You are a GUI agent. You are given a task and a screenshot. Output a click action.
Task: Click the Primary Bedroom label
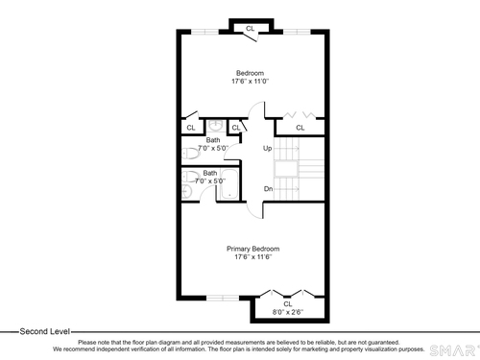click(x=252, y=249)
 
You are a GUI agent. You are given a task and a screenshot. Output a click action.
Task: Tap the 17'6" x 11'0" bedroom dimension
click(x=250, y=82)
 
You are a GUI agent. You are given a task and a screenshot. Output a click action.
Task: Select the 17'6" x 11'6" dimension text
click(x=252, y=256)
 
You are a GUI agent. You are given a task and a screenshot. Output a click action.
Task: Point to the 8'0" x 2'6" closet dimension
click(x=288, y=312)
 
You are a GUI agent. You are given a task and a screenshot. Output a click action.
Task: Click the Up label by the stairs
click(x=267, y=148)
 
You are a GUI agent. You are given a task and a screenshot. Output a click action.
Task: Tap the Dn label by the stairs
click(x=268, y=189)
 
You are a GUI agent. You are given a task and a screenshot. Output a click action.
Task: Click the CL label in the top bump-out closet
click(x=250, y=29)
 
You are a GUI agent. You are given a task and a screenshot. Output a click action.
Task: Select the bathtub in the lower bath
click(x=229, y=184)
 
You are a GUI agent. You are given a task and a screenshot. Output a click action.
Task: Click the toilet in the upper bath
click(x=190, y=154)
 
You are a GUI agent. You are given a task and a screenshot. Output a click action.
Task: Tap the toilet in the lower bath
click(x=190, y=177)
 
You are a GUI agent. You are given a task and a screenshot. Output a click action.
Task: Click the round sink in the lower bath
click(x=186, y=192)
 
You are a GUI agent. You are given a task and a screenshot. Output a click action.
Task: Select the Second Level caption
click(x=44, y=331)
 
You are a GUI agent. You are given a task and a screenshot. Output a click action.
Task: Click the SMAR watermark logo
click(x=454, y=350)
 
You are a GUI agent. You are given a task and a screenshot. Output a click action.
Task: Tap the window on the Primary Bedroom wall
click(x=223, y=298)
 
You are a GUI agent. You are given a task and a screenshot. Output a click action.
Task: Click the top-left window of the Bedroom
click(x=204, y=32)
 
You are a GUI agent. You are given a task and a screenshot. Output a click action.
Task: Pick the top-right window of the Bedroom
click(x=297, y=32)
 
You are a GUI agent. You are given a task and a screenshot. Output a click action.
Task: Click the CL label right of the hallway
click(x=300, y=128)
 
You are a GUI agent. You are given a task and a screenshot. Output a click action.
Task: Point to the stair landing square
click(x=286, y=169)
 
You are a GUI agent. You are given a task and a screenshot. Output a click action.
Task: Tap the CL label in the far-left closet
click(x=191, y=128)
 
